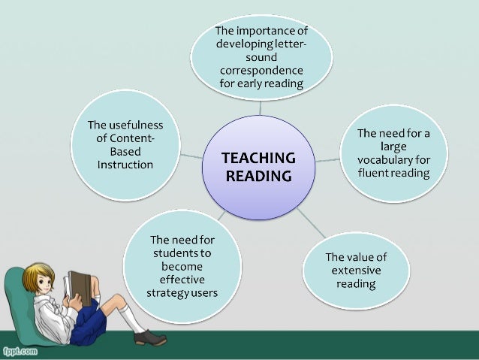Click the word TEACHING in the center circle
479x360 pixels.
coord(258,159)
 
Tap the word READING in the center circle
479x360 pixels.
coord(258,177)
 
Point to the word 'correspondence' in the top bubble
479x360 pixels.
coord(261,72)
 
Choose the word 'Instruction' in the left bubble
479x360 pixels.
coord(125,165)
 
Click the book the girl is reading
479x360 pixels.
coord(77,286)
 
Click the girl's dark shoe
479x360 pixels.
coord(149,338)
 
